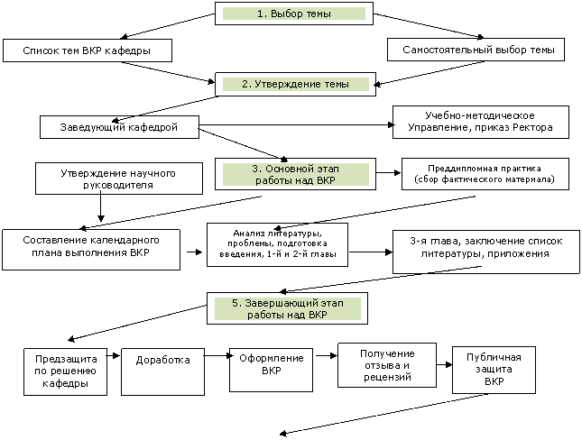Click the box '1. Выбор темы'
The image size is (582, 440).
coord(294,14)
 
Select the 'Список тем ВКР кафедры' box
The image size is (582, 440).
coord(88,50)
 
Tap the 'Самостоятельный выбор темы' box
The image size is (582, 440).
coord(476,50)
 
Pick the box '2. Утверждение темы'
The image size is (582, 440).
coord(295,84)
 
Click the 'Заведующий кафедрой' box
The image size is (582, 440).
coord(119,127)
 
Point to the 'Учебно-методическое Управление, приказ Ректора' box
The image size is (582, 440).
coord(481,122)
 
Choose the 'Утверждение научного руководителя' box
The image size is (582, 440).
coord(119,179)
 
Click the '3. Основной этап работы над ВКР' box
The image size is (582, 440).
coord(295,174)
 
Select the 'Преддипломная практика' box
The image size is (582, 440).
coord(485,174)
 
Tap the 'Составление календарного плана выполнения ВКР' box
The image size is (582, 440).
coord(91,250)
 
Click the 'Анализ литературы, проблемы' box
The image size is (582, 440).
coord(277,245)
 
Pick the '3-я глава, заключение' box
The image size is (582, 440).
coord(486,252)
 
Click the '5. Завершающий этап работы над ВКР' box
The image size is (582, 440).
coord(287,308)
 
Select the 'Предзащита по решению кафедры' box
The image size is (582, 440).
coord(65,371)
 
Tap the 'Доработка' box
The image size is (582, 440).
coord(162,371)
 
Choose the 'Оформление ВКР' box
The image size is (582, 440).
coord(271,370)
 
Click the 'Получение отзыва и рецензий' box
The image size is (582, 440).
coord(387,365)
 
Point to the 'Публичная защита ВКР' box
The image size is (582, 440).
coord(494,370)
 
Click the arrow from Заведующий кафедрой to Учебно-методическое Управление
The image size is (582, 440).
coord(296,125)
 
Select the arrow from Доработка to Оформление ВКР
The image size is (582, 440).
coord(217,356)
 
